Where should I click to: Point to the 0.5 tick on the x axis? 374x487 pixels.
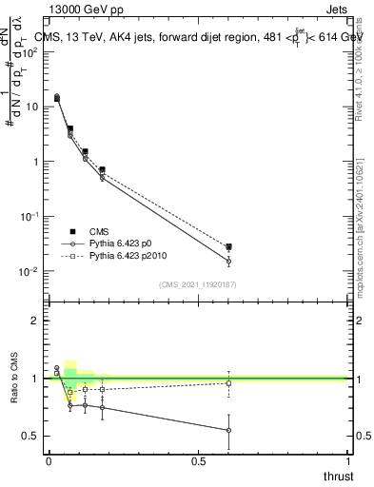198,461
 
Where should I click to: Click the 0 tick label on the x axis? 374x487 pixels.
49,461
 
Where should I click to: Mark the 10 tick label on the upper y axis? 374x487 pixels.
31,107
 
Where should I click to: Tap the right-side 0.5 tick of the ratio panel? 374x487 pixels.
362,437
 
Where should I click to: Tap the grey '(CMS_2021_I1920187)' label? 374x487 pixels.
197,284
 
